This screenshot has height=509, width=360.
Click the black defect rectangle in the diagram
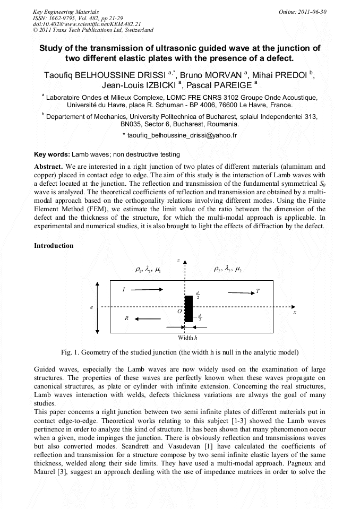point(188,308)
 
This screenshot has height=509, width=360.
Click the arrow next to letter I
point(147,290)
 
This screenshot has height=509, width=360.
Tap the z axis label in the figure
point(179,260)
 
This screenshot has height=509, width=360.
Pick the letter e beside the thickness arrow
point(91,307)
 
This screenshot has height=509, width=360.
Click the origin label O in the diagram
point(180,312)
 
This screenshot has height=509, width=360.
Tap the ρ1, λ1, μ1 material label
point(149,270)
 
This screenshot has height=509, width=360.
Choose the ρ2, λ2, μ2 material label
point(227,270)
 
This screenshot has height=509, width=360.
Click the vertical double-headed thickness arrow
point(97,307)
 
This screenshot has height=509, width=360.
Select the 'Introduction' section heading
point(54,246)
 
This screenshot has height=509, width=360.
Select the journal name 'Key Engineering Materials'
point(62,11)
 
